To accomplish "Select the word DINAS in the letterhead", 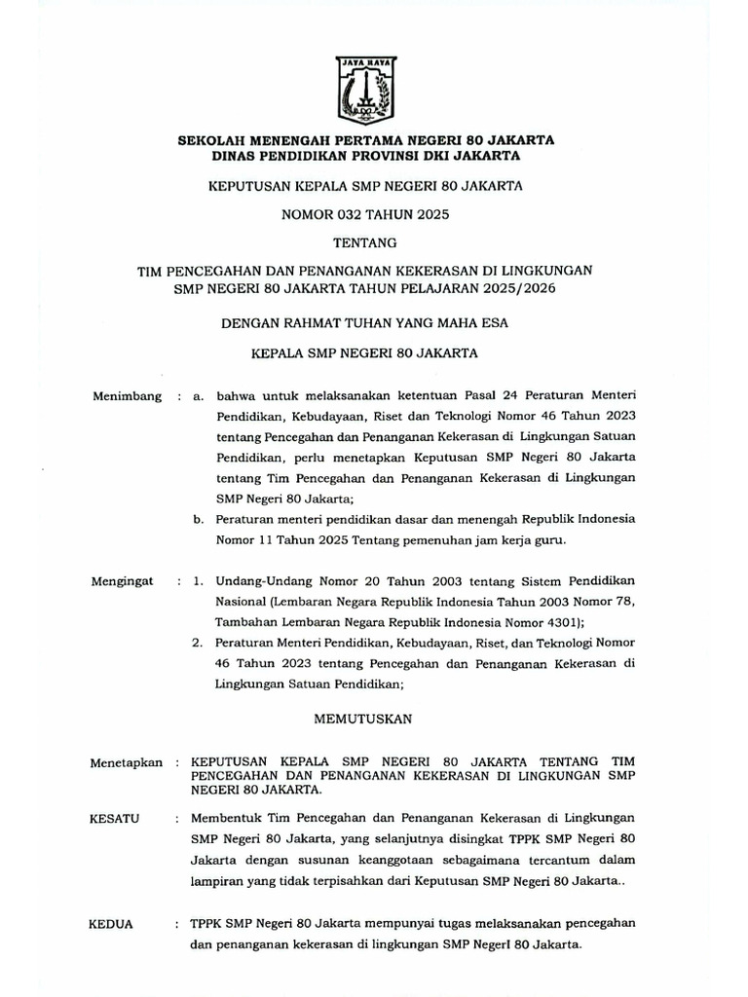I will click(x=239, y=155).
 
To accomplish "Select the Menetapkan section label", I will click(x=126, y=762).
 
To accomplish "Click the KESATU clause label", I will click(x=114, y=819).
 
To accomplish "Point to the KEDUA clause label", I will click(x=110, y=924).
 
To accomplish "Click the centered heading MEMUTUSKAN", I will click(x=364, y=719).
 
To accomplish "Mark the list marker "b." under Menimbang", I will click(x=201, y=520).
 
